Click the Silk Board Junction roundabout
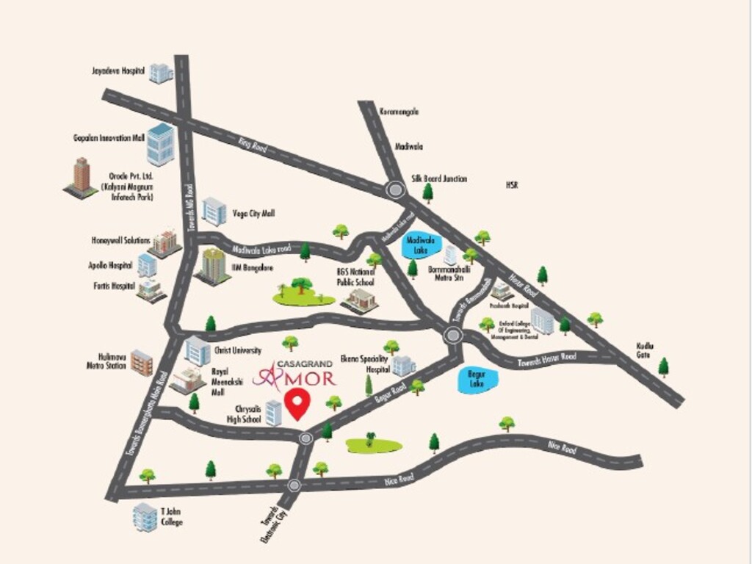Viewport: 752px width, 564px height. (397, 190)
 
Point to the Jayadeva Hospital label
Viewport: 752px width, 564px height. (117, 71)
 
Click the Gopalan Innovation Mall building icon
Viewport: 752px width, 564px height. (160, 144)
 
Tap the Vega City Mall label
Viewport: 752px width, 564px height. (253, 213)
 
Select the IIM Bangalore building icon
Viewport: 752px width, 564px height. (213, 266)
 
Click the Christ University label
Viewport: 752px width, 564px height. (237, 351)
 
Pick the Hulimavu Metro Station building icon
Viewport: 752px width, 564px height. (142, 363)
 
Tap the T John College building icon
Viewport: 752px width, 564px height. (145, 517)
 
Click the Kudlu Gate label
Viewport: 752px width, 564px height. (644, 350)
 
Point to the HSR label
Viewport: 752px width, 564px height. (512, 185)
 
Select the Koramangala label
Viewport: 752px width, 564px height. (399, 112)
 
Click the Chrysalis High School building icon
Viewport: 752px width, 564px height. (273, 413)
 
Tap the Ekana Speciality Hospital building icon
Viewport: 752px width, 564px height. (403, 366)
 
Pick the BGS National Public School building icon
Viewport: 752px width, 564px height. (360, 300)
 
